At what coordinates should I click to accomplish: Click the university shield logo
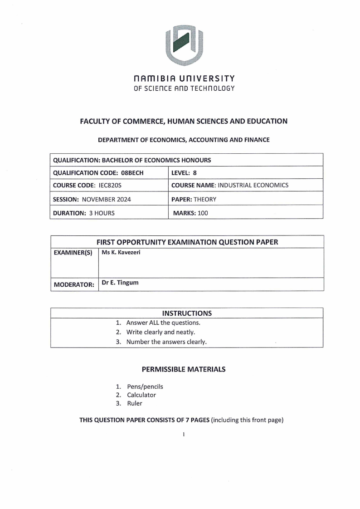184,44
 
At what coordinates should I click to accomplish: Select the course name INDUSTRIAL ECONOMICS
253,185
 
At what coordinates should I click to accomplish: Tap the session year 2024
123,199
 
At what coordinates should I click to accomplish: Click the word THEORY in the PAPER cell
205,199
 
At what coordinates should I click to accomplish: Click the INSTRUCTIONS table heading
187,313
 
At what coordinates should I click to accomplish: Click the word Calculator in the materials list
141,395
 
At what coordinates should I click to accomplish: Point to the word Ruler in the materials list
134,403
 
